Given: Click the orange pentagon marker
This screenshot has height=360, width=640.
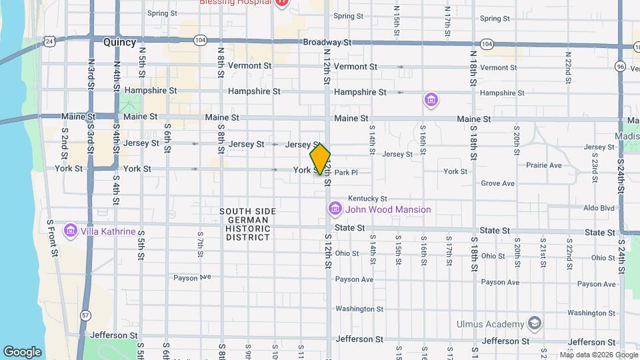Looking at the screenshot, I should tap(320, 159).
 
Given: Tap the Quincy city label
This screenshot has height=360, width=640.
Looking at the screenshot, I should tap(119, 42).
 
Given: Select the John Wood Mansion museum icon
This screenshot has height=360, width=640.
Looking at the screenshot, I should tap(335, 209).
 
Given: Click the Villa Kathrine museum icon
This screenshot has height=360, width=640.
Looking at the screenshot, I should tap(70, 231).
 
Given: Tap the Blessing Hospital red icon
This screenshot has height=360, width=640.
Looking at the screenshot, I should tap(281, 3).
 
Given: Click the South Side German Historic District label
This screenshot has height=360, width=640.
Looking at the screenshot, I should tap(247, 224).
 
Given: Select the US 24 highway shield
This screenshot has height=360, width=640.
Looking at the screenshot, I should tap(49, 41).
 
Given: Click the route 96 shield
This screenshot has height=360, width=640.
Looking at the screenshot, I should tap(620, 66).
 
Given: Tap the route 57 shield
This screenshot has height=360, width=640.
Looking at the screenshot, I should tap(85, 315).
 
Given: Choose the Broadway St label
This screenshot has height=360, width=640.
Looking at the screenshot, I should tap(327, 42).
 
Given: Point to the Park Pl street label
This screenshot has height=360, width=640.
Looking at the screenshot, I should tap(346, 172).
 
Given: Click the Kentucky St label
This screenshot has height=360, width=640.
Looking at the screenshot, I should tap(367, 199).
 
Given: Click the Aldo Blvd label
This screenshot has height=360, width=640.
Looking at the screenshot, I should tap(598, 208).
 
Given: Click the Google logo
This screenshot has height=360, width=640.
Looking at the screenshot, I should tap(22, 351).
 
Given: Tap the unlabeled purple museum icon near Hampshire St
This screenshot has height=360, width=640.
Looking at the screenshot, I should tap(431, 101).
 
